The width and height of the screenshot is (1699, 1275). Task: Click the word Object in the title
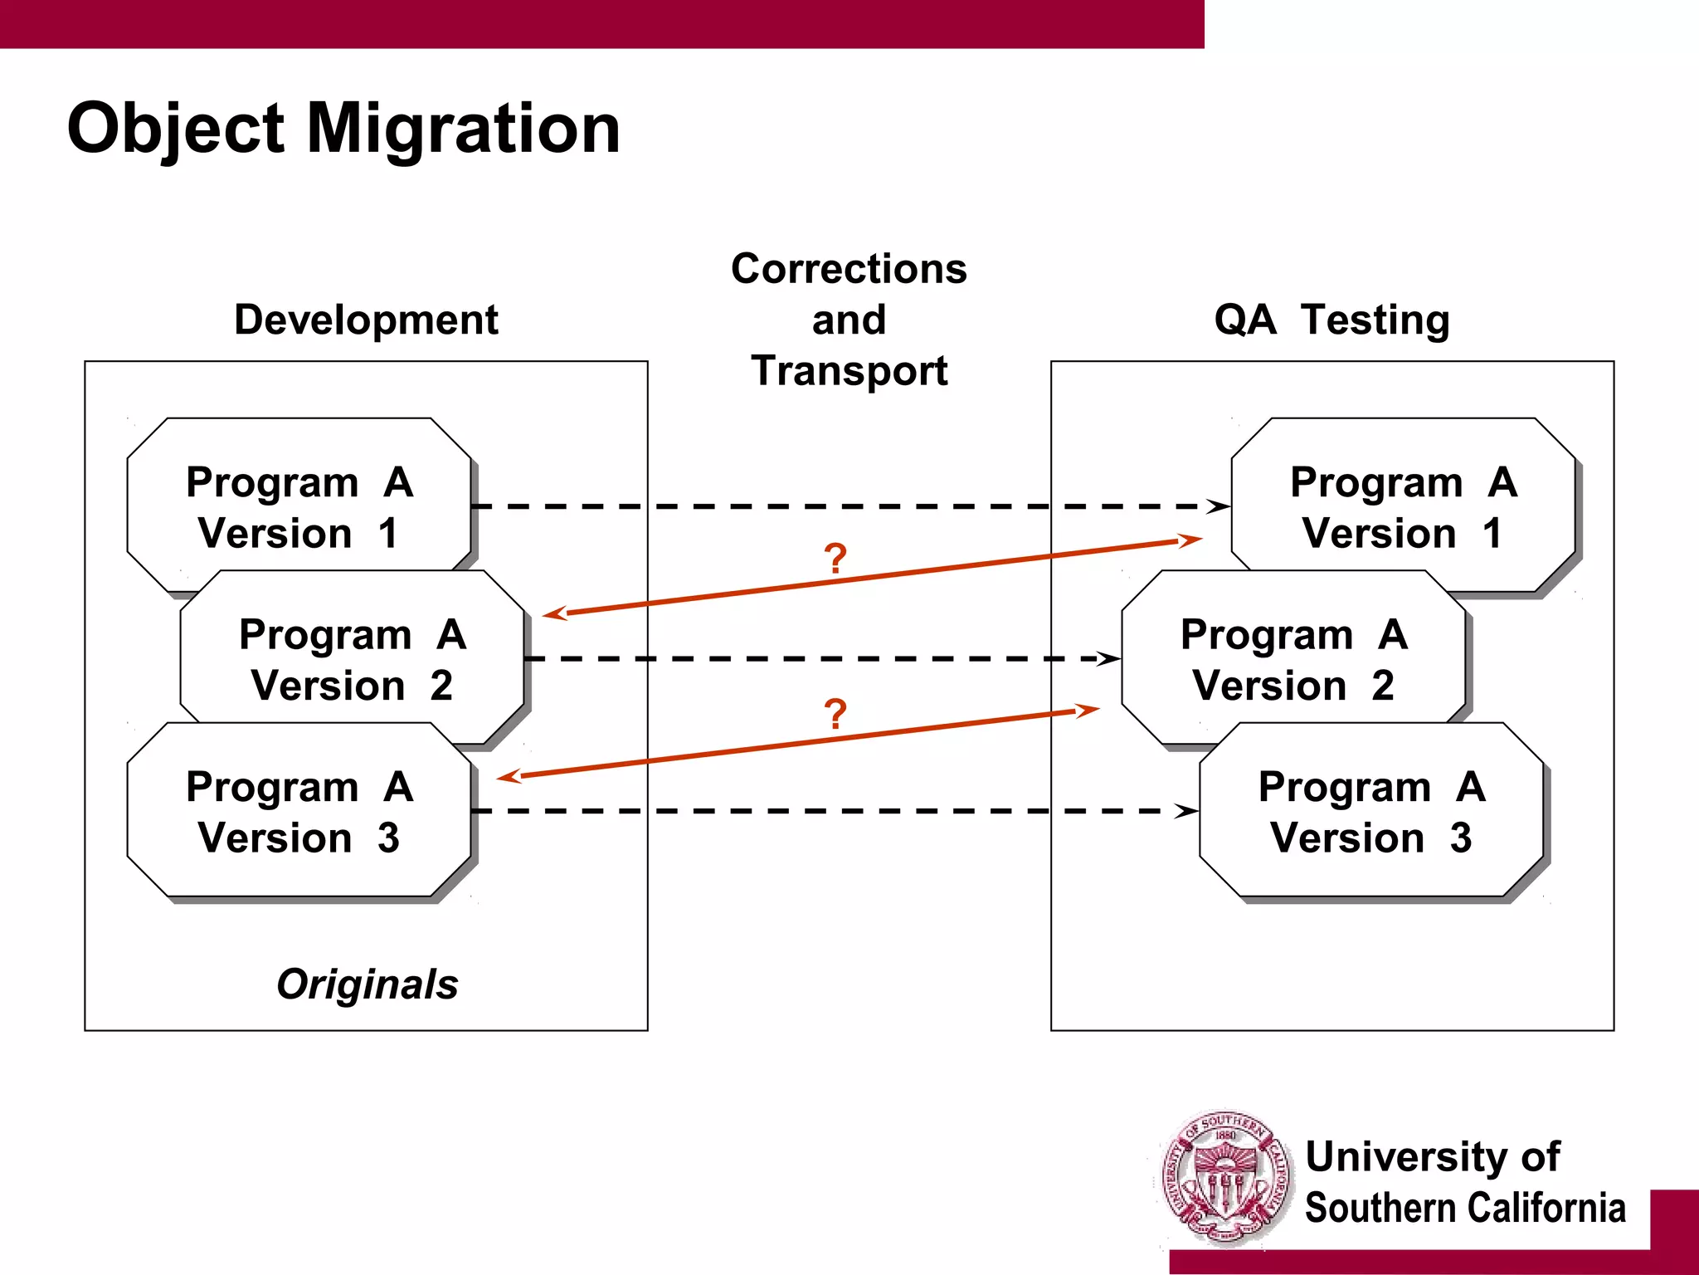point(176,129)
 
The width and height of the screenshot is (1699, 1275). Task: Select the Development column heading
point(366,320)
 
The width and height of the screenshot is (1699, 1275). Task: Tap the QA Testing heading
point(1331,320)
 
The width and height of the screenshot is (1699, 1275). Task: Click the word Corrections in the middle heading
point(849,269)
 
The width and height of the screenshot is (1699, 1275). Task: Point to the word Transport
point(849,370)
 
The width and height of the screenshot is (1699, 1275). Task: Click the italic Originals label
point(367,984)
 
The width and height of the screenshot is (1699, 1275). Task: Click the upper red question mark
point(835,559)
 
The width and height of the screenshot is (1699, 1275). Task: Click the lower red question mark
point(835,714)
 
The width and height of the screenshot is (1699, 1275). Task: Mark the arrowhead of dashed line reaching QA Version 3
point(1186,811)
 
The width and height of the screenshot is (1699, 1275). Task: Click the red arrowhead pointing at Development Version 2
point(553,614)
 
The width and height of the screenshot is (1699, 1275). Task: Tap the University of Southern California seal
point(1225,1179)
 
